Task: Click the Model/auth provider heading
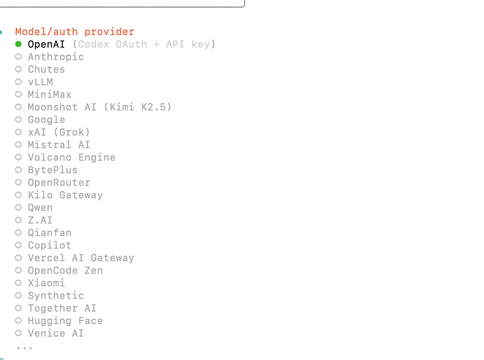(75, 32)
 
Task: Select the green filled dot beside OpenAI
(18, 44)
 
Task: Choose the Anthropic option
(56, 57)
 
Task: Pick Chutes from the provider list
(46, 70)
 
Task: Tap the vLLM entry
(40, 82)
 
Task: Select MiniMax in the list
(49, 95)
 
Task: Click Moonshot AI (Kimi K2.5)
(99, 107)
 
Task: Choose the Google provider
(46, 120)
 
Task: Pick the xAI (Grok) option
(59, 132)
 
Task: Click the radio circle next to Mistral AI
(18, 145)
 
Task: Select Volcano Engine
(71, 158)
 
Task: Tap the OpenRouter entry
(59, 183)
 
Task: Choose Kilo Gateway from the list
(65, 195)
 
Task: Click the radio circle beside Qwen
(18, 208)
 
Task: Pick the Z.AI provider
(40, 220)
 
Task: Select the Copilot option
(49, 246)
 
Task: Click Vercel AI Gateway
(81, 258)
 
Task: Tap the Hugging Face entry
(65, 321)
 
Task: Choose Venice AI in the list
(56, 334)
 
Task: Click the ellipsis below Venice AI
(24, 347)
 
